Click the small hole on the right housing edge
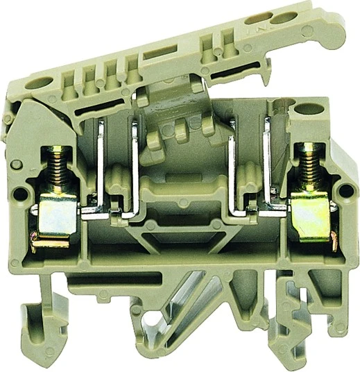[344, 185]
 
